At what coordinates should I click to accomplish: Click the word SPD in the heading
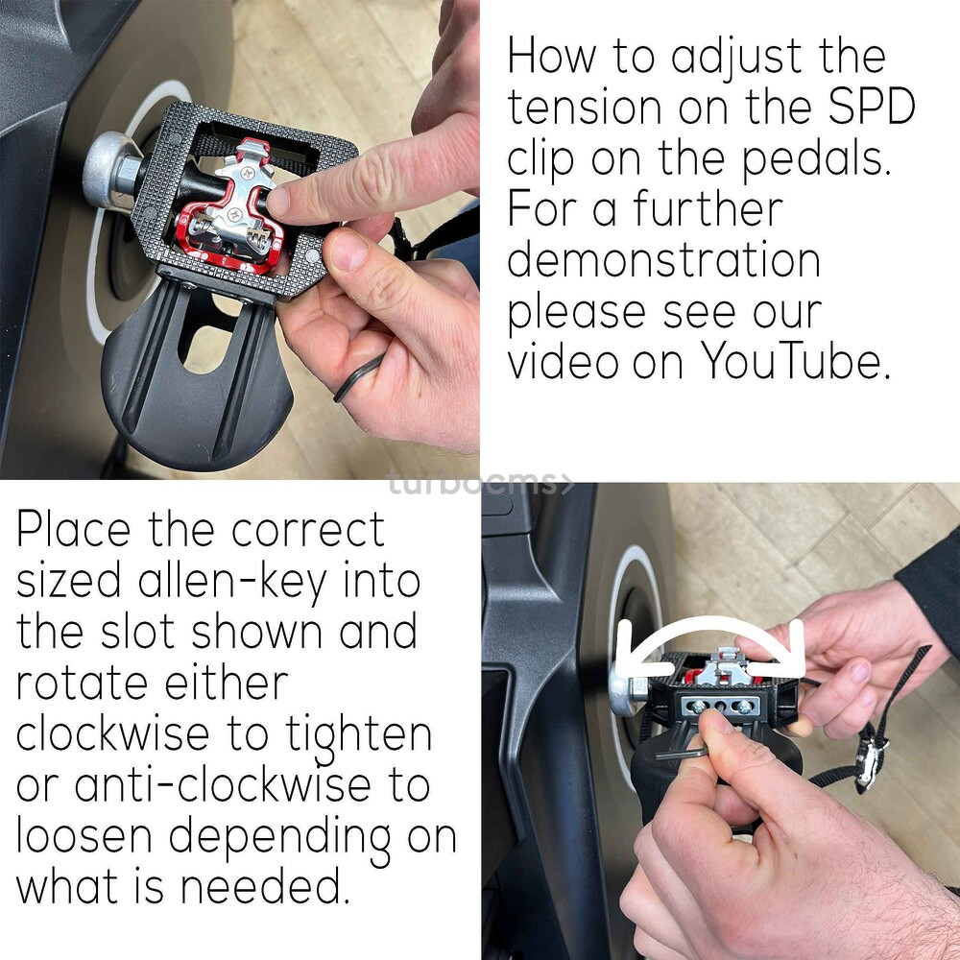872,106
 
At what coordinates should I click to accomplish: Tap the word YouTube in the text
795,361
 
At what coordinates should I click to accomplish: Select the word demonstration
663,259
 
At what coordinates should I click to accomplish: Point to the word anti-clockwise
223,784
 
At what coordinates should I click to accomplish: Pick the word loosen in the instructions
84,835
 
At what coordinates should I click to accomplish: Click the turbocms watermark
481,484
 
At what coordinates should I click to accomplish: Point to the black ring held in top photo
358,377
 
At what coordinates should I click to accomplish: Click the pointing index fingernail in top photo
277,202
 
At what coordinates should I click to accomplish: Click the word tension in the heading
585,107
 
